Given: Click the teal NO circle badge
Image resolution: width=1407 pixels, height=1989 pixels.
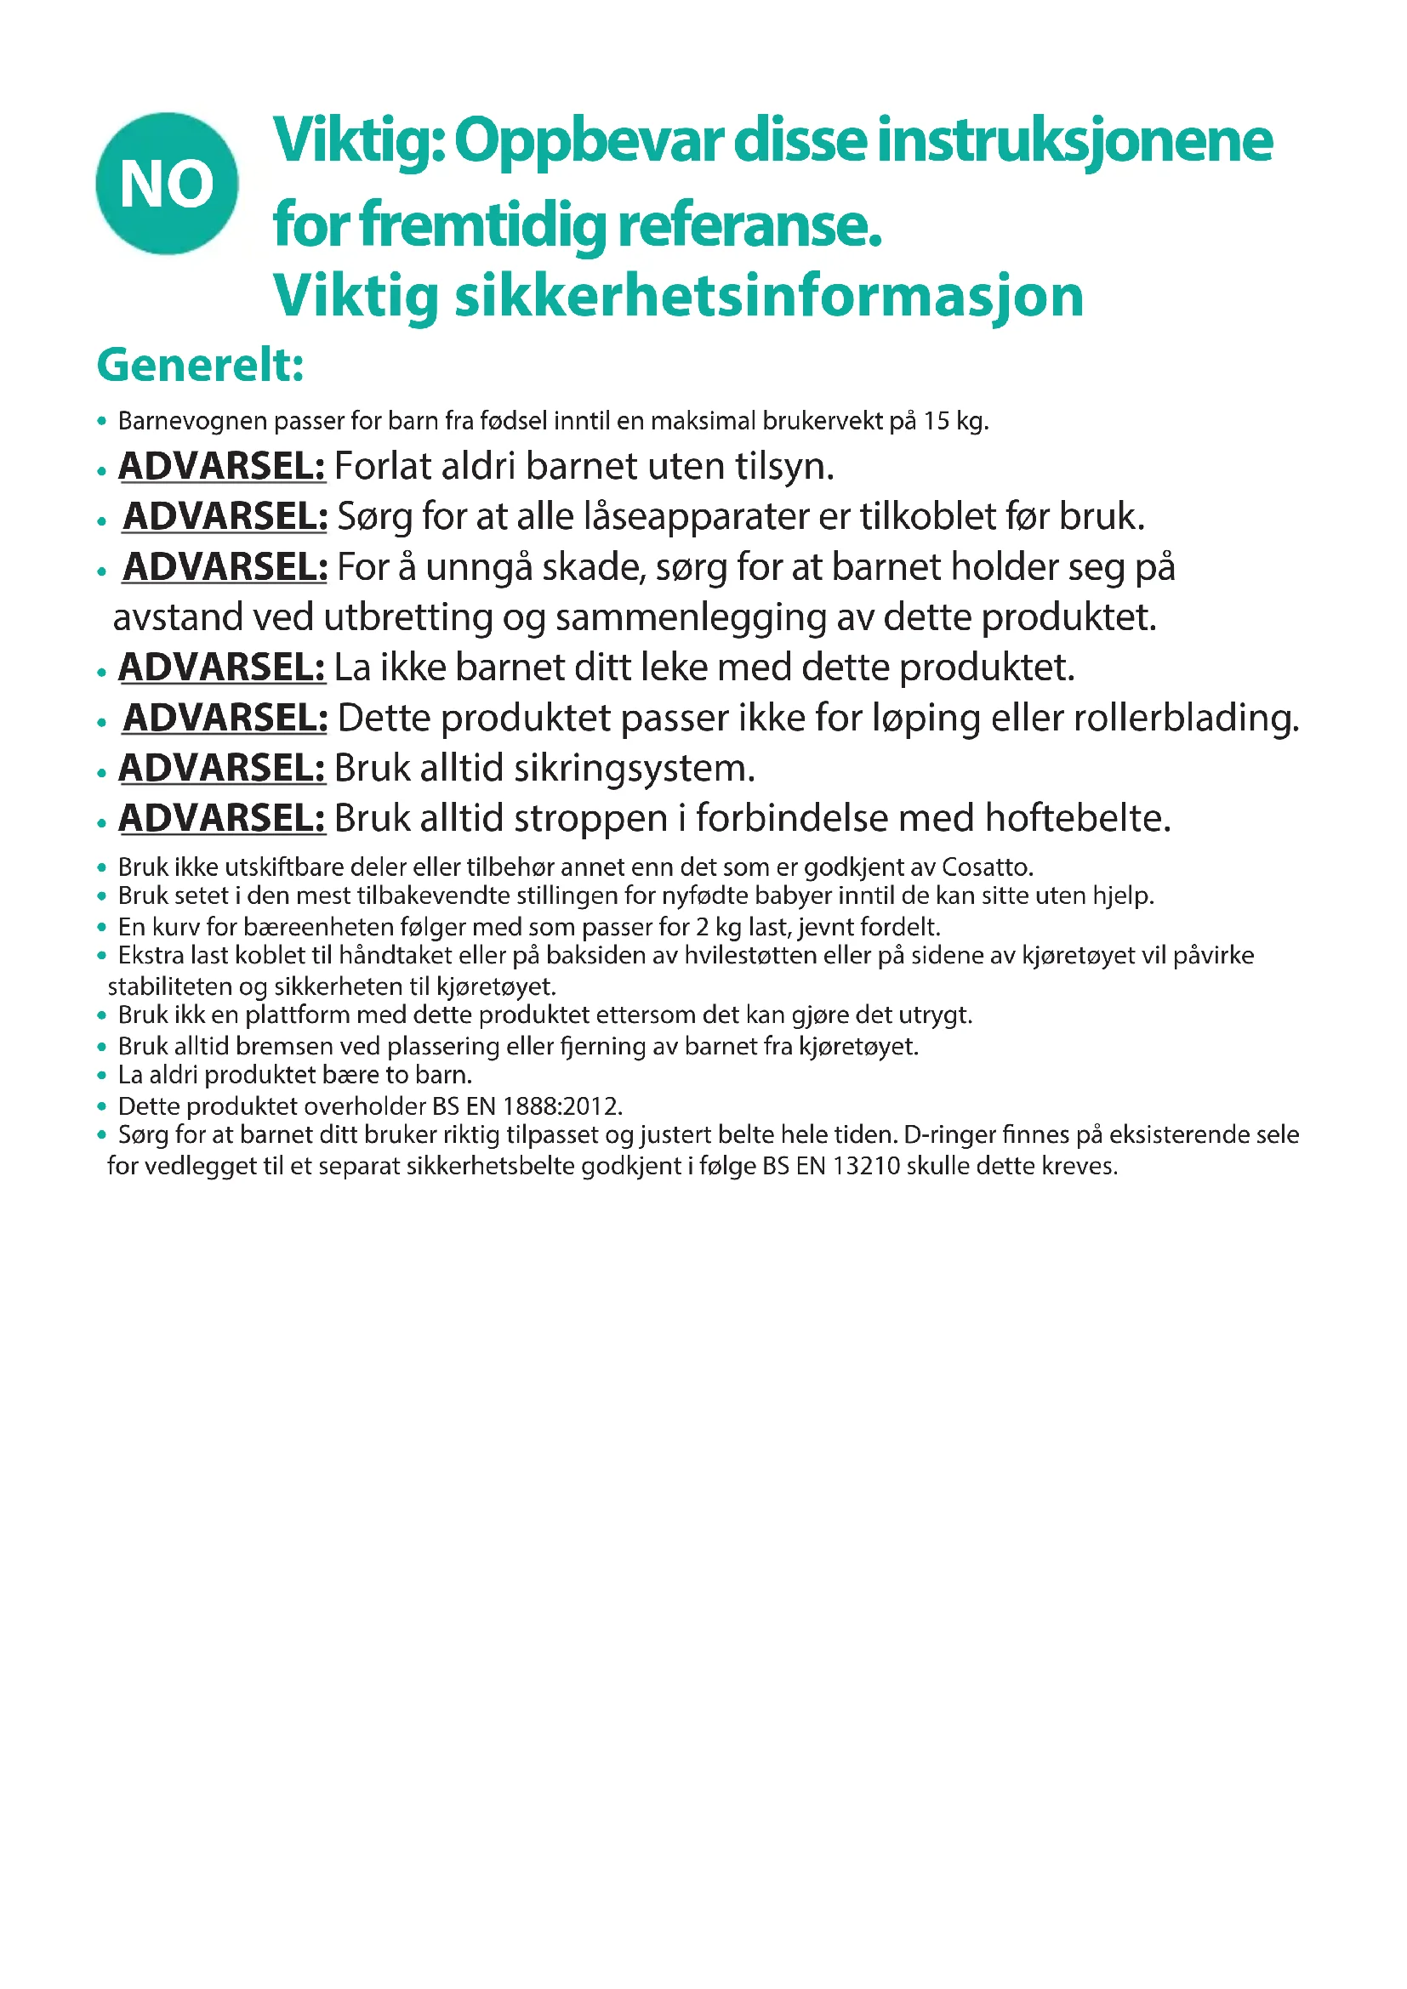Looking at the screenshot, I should (x=168, y=184).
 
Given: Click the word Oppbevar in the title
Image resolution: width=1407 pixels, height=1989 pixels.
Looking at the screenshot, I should (x=588, y=141).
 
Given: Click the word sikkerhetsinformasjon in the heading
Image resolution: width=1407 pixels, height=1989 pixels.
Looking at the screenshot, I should (x=768, y=296).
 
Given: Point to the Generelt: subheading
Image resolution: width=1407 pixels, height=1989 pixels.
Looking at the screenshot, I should (x=200, y=365).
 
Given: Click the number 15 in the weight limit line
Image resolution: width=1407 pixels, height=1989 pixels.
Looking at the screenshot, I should (x=936, y=421).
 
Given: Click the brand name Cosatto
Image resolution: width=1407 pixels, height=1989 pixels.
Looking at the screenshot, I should (x=987, y=867).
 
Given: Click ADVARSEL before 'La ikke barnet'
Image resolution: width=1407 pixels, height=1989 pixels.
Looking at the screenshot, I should (x=222, y=668).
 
